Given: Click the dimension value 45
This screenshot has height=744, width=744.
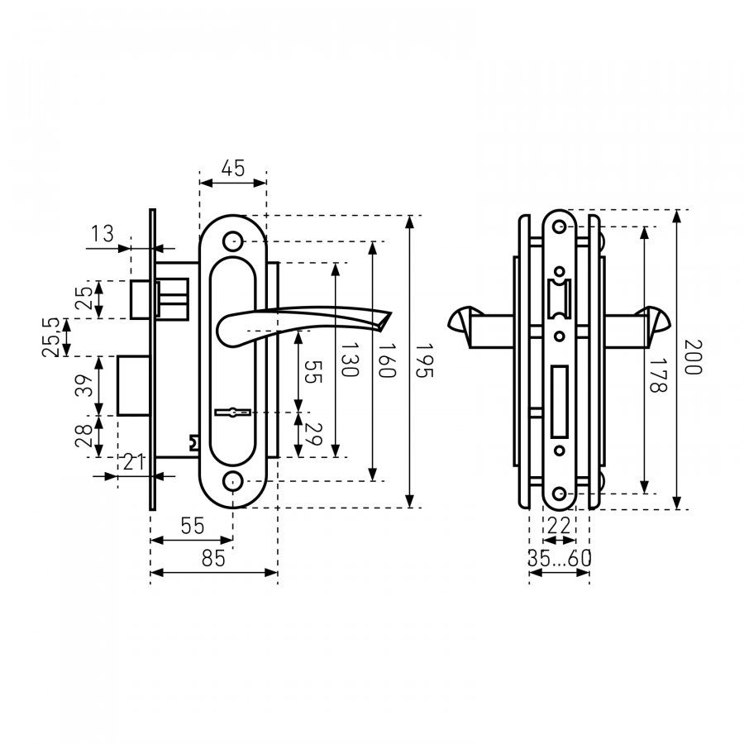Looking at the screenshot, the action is (233, 169).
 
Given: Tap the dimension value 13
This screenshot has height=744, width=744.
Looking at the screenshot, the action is (103, 234).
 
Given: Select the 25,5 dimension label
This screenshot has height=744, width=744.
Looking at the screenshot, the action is (51, 337).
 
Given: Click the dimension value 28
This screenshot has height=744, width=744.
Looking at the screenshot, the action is (83, 436).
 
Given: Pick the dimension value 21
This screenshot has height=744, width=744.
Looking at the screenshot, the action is (134, 461).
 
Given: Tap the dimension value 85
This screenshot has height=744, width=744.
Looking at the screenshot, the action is (213, 559).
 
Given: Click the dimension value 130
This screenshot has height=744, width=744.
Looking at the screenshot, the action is (350, 360).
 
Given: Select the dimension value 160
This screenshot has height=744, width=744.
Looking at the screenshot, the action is (386, 360).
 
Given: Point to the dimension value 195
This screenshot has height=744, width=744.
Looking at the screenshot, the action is (424, 360).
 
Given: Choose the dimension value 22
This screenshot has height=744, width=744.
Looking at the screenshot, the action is (559, 526).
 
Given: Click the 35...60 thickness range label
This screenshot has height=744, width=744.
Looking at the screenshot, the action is (560, 559).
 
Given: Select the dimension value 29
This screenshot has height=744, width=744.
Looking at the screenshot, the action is (313, 434).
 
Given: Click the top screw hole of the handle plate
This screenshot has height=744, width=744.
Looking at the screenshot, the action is (232, 241).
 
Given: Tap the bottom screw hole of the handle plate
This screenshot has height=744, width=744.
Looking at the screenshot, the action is (232, 481).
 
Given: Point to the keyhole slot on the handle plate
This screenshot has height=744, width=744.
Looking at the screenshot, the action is (233, 413).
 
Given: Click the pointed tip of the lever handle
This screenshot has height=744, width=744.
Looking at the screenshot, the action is (391, 312).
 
